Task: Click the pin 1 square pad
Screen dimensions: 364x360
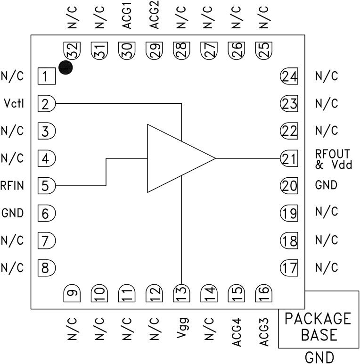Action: (45, 76)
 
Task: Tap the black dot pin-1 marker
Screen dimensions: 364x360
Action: (65, 68)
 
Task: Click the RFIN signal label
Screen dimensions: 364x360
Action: (12, 185)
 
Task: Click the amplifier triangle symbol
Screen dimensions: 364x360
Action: (177, 158)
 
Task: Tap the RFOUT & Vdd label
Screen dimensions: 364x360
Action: (334, 159)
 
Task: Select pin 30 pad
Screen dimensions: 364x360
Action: (127, 50)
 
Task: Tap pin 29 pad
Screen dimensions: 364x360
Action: (154, 50)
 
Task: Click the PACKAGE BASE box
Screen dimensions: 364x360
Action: (318, 327)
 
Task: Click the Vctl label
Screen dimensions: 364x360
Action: (13, 103)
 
